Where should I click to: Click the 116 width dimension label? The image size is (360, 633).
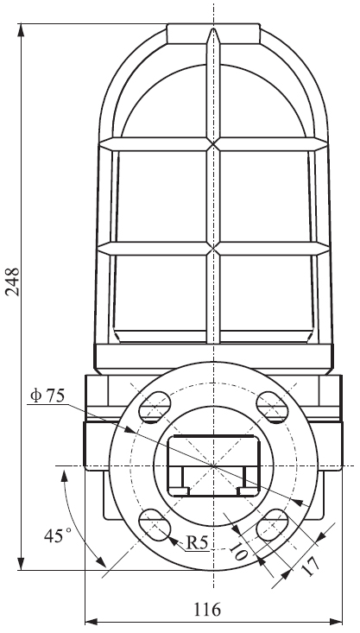[x=207, y=610]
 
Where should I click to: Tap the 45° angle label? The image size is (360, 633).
[x=54, y=536]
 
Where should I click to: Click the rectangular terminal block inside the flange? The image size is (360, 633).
[x=212, y=466]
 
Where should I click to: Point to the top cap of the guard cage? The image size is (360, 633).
[x=213, y=33]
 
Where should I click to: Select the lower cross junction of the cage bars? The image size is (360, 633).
[x=213, y=249]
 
